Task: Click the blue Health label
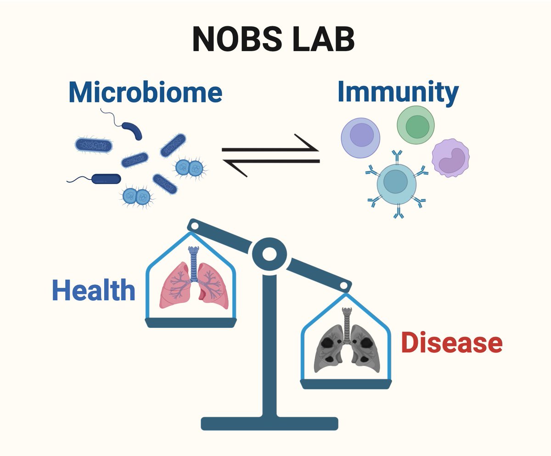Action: pyautogui.click(x=94, y=291)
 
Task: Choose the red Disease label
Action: pyautogui.click(x=451, y=343)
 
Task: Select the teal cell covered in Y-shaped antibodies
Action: pyautogui.click(x=396, y=183)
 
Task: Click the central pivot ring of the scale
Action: pyautogui.click(x=269, y=253)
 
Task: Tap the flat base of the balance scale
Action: pyautogui.click(x=270, y=423)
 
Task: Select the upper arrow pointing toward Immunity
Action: pyautogui.click(x=271, y=149)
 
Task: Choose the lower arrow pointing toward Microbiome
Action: pyautogui.click(x=271, y=162)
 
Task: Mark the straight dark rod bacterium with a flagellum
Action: pyautogui.click(x=106, y=179)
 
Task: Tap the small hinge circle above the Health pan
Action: pyautogui.click(x=194, y=225)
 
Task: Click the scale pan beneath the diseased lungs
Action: pyautogui.click(x=348, y=383)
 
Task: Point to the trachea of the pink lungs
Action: pyautogui.click(x=193, y=262)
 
